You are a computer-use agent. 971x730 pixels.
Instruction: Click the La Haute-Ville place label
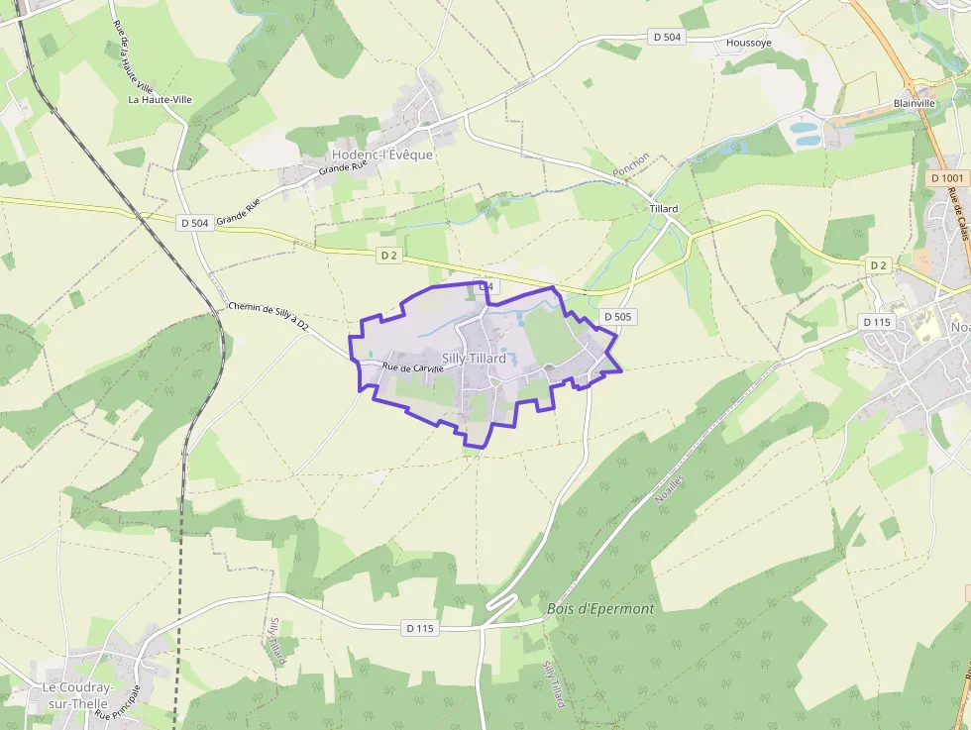pyautogui.click(x=160, y=99)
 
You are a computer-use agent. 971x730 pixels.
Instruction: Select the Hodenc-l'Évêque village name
pyautogui.click(x=382, y=155)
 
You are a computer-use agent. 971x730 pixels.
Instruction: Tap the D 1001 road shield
pyautogui.click(x=947, y=177)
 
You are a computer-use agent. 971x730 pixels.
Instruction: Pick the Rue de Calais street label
pyautogui.click(x=957, y=214)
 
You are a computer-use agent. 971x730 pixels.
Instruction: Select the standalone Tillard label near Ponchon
pyautogui.click(x=664, y=209)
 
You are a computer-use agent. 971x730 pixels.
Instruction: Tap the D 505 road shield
pyautogui.click(x=617, y=317)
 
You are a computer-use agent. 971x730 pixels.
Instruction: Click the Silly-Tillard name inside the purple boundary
pyautogui.click(x=474, y=359)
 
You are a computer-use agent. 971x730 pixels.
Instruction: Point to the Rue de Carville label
pyautogui.click(x=413, y=368)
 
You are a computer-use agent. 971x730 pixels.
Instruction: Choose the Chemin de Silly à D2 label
pyautogui.click(x=269, y=317)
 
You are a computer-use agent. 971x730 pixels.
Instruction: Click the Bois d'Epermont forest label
pyautogui.click(x=600, y=609)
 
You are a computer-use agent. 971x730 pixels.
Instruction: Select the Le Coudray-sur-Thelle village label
pyautogui.click(x=77, y=695)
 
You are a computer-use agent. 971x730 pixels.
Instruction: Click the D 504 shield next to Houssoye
pyautogui.click(x=668, y=37)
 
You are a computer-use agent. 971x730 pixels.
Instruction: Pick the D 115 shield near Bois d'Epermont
pyautogui.click(x=420, y=628)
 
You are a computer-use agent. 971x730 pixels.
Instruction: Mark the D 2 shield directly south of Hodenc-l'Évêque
pyautogui.click(x=389, y=255)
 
